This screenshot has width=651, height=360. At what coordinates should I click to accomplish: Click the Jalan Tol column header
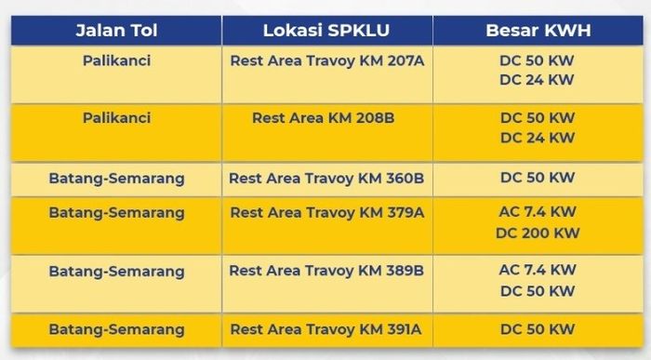[116, 31]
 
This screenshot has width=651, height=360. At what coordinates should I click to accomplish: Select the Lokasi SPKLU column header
[325, 31]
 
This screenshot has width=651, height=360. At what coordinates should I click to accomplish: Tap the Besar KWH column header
[538, 31]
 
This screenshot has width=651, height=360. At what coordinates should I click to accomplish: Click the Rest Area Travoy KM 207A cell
[326, 60]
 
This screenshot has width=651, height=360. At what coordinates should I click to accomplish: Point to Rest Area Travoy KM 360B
[326, 178]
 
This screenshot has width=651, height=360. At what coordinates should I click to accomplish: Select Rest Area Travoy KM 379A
[326, 212]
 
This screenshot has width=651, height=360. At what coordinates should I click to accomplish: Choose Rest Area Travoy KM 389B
[326, 271]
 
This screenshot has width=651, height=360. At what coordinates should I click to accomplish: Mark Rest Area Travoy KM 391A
[326, 329]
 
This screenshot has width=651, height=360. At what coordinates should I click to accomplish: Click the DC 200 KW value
[538, 233]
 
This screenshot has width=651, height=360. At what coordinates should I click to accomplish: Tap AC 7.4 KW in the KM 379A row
[538, 212]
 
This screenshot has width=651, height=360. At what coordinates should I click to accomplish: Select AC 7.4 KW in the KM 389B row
[538, 271]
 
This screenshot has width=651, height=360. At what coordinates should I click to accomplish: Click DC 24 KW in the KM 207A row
[538, 80]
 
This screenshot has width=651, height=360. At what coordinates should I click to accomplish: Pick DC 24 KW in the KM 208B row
[538, 138]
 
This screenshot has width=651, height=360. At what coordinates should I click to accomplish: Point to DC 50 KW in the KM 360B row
[538, 178]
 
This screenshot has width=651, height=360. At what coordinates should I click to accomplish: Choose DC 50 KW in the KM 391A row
[538, 329]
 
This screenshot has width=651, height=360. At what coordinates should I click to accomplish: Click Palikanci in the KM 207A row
[116, 60]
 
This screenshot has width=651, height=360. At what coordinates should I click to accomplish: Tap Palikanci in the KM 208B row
[116, 118]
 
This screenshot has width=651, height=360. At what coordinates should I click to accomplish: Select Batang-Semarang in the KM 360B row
[116, 178]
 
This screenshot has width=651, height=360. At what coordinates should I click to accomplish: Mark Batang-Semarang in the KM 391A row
[116, 329]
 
